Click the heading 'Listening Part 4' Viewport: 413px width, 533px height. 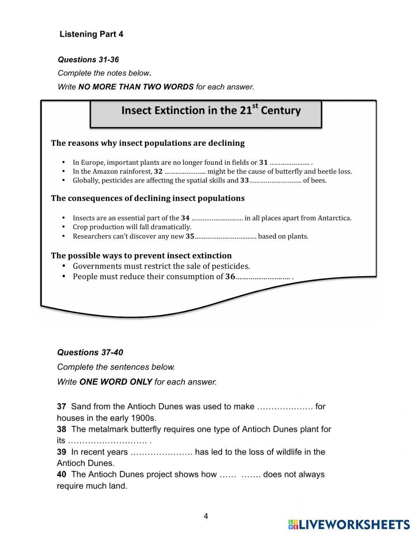coord(91,34)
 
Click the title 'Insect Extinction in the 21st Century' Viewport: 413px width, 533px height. coord(211,111)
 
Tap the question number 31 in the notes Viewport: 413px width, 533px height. coord(263,163)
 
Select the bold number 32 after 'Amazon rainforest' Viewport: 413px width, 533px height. coord(158,172)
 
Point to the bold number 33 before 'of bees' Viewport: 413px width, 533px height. coord(244,180)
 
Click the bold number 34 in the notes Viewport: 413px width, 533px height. coord(185,218)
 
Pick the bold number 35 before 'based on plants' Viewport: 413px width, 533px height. coord(190,237)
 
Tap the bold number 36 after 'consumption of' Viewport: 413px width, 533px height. coord(230,277)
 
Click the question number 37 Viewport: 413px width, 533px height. coord(62,407)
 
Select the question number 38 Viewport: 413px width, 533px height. coord(62,429)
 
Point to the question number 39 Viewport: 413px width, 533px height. coord(62,452)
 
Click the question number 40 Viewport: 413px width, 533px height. coord(62,475)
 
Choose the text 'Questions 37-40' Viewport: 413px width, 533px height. coord(90,353)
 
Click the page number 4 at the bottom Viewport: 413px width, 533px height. coord(206,516)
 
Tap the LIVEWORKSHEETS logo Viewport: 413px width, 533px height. coord(349,524)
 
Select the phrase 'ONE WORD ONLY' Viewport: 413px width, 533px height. coord(116,382)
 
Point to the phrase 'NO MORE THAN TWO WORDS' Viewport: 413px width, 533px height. coord(136,87)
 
